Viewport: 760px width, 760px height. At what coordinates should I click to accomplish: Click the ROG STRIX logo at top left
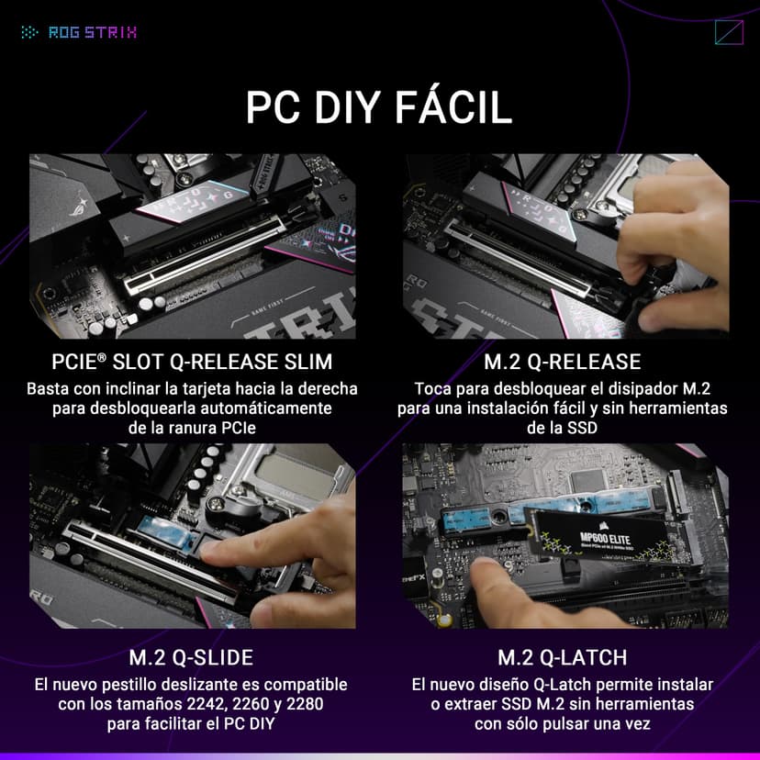click(79, 33)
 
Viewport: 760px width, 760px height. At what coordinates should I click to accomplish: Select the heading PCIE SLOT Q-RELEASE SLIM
click(192, 361)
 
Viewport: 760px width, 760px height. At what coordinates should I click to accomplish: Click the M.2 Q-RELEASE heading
click(562, 361)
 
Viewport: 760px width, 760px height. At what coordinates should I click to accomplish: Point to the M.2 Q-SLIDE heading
click(191, 657)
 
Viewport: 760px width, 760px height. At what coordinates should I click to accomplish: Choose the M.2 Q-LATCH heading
click(562, 657)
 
